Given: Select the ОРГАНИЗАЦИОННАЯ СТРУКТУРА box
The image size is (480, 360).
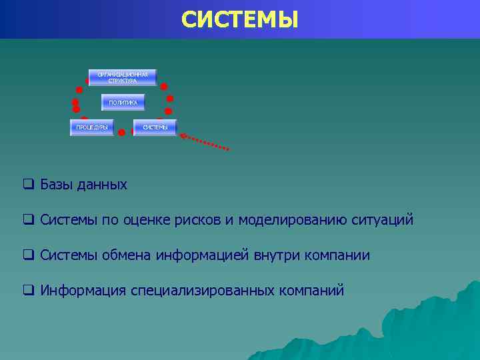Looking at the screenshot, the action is point(123,77).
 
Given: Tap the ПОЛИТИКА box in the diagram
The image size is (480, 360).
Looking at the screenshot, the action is point(123,103).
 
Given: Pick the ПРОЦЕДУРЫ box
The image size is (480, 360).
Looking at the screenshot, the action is point(91,127).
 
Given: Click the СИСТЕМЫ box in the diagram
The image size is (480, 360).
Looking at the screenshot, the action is point(155,127).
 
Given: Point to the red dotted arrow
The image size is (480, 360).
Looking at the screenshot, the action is point(205,141).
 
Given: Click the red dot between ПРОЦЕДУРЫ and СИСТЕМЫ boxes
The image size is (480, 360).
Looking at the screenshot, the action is point(121,133).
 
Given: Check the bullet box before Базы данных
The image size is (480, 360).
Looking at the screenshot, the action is point(28,184).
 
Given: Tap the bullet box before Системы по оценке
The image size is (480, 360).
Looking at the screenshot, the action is point(28,219).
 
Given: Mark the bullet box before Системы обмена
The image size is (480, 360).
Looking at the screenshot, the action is point(28,255).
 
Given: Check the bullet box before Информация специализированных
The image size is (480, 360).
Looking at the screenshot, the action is point(28,290).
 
